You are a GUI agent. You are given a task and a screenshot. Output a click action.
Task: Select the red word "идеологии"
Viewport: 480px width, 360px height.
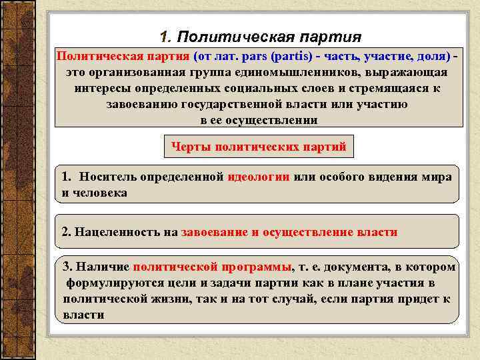[258, 177]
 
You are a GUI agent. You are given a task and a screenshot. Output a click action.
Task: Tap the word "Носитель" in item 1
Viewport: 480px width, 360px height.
[107, 177]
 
